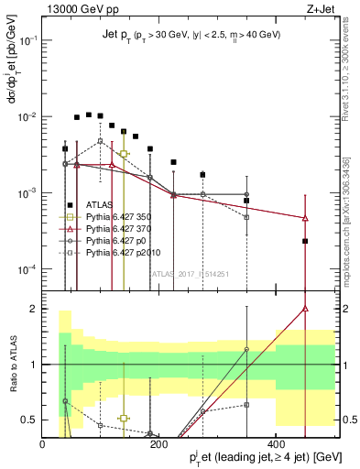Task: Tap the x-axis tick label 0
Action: coord(42,442)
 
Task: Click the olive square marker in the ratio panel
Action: coord(124,418)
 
